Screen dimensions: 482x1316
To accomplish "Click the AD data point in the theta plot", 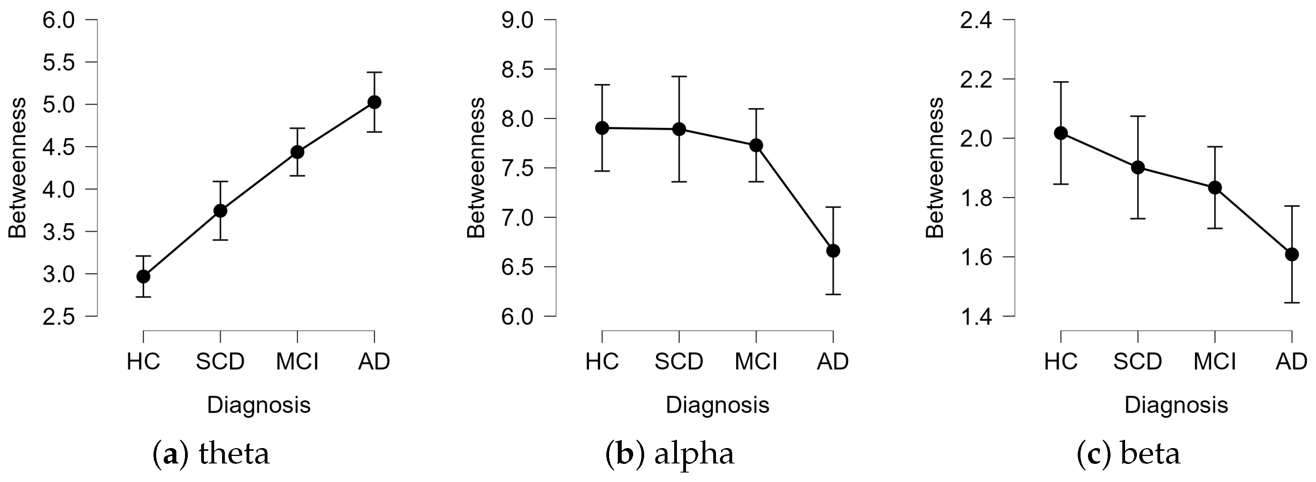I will tap(374, 102).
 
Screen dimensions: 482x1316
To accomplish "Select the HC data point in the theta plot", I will tap(144, 276).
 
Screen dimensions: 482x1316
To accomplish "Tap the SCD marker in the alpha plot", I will tap(679, 129).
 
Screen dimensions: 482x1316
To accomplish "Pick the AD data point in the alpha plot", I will tap(833, 251).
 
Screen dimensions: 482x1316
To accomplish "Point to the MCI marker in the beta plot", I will tap(1215, 187).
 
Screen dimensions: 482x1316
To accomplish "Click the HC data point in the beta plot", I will tap(1061, 133).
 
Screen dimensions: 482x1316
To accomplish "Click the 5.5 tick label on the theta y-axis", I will tap(58, 62).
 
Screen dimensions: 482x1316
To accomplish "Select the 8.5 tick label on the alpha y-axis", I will tap(517, 69).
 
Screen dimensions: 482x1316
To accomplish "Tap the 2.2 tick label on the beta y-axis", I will tap(976, 79).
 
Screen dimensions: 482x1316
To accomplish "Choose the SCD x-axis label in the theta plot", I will tap(220, 361).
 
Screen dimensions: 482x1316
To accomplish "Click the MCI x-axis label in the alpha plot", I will tap(756, 361).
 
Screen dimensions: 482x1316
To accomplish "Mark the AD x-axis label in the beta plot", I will tap(1292, 361).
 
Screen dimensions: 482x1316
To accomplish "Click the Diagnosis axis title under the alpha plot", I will tap(717, 405).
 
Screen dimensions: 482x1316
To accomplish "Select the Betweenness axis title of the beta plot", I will tap(935, 168).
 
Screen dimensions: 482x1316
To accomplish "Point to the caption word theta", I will tap(234, 453).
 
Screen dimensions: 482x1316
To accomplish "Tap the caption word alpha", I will tap(694, 453).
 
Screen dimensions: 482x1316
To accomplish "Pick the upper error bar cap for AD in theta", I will tap(374, 73).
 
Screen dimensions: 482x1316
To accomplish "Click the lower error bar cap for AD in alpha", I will tap(833, 294).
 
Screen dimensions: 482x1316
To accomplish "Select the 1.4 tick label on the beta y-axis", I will tap(976, 317).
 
